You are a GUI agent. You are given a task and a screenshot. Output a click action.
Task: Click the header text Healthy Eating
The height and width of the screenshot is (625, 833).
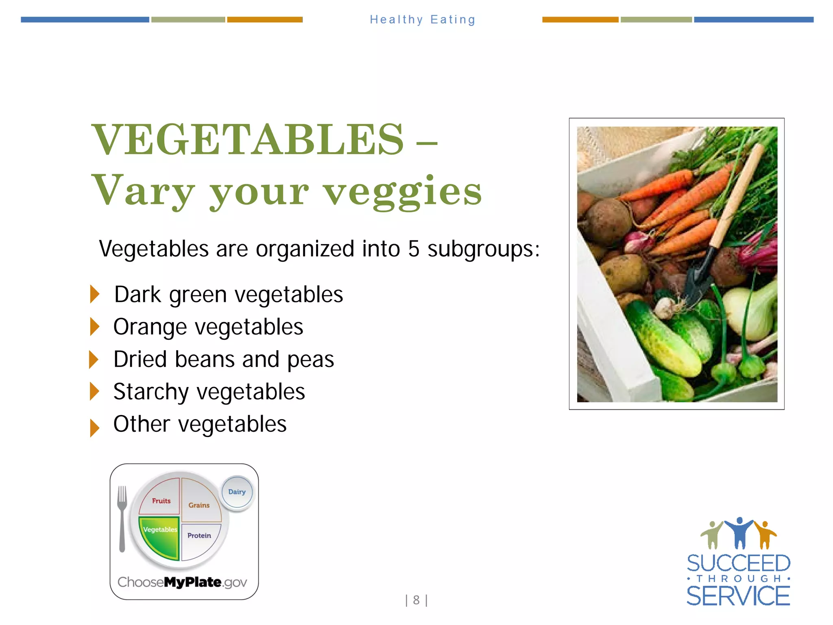click(x=422, y=20)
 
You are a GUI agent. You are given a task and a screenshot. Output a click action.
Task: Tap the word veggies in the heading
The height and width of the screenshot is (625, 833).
click(x=402, y=191)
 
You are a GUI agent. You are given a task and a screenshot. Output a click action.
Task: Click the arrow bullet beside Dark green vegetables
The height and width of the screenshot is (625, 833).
click(x=95, y=294)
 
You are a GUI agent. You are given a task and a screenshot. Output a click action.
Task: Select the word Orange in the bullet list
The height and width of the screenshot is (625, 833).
click(x=150, y=327)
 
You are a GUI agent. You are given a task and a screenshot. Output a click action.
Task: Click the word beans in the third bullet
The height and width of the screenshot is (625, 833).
click(x=210, y=359)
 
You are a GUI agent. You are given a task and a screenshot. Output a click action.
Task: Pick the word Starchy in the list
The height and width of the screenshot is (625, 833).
click(x=151, y=392)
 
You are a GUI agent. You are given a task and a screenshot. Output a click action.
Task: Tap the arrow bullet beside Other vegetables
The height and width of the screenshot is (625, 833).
click(x=95, y=428)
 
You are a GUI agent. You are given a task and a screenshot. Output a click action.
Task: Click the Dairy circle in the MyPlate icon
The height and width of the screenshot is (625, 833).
click(x=237, y=492)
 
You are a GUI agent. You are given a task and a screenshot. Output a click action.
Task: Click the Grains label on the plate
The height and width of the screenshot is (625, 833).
click(x=199, y=505)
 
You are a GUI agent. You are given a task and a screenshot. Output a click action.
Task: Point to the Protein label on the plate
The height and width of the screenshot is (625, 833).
click(x=199, y=535)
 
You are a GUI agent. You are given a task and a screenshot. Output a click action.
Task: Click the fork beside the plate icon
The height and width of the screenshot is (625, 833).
click(x=122, y=519)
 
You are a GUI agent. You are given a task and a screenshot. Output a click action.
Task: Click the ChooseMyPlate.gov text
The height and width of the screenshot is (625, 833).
click(x=182, y=582)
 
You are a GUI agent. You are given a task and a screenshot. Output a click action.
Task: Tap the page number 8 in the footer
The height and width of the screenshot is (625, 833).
click(x=416, y=600)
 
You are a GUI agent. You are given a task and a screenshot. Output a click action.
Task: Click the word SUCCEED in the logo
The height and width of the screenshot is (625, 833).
click(x=738, y=564)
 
